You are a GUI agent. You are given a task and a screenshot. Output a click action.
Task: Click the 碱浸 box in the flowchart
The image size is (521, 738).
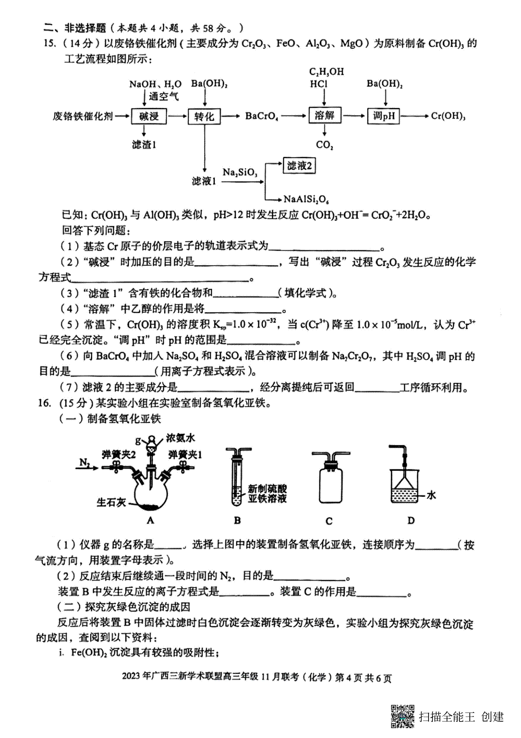(148, 116)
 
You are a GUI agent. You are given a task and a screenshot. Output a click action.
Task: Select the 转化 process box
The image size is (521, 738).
(204, 116)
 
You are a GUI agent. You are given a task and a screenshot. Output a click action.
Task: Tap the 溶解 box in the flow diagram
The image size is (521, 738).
(324, 116)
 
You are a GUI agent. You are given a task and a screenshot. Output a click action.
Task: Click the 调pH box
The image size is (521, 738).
(383, 116)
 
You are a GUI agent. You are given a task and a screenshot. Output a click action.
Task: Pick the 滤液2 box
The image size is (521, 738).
(299, 165)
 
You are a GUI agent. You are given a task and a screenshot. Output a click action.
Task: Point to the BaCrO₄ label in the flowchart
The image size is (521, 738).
(261, 116)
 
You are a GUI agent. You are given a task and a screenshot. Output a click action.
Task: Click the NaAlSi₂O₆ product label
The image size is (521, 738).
(306, 199)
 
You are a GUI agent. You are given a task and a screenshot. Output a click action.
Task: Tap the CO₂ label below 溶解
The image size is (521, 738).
(324, 145)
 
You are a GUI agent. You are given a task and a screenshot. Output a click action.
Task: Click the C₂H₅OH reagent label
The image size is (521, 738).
(326, 72)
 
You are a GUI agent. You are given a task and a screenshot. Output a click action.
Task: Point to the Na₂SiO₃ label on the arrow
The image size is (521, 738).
(240, 172)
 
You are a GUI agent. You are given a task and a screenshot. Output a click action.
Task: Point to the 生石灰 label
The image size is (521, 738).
(111, 503)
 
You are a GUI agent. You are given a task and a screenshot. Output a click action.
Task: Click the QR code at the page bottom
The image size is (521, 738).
(402, 716)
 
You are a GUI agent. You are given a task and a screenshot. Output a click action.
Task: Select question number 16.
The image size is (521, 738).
(44, 403)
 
